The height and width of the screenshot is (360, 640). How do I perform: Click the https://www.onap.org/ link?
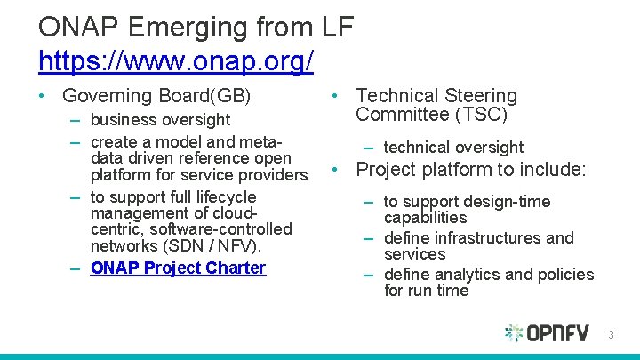tap(175, 60)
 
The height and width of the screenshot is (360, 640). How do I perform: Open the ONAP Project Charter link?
tap(178, 268)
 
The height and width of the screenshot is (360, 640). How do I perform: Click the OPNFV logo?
tap(547, 333)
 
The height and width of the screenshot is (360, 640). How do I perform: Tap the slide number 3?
tap(611, 335)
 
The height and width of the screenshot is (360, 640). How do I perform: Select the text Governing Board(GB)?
tap(157, 96)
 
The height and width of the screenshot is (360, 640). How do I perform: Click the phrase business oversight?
tap(160, 119)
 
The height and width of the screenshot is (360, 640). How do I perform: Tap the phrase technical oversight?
tap(453, 148)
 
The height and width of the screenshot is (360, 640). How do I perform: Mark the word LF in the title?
tap(337, 27)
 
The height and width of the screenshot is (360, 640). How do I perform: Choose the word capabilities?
tap(425, 218)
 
